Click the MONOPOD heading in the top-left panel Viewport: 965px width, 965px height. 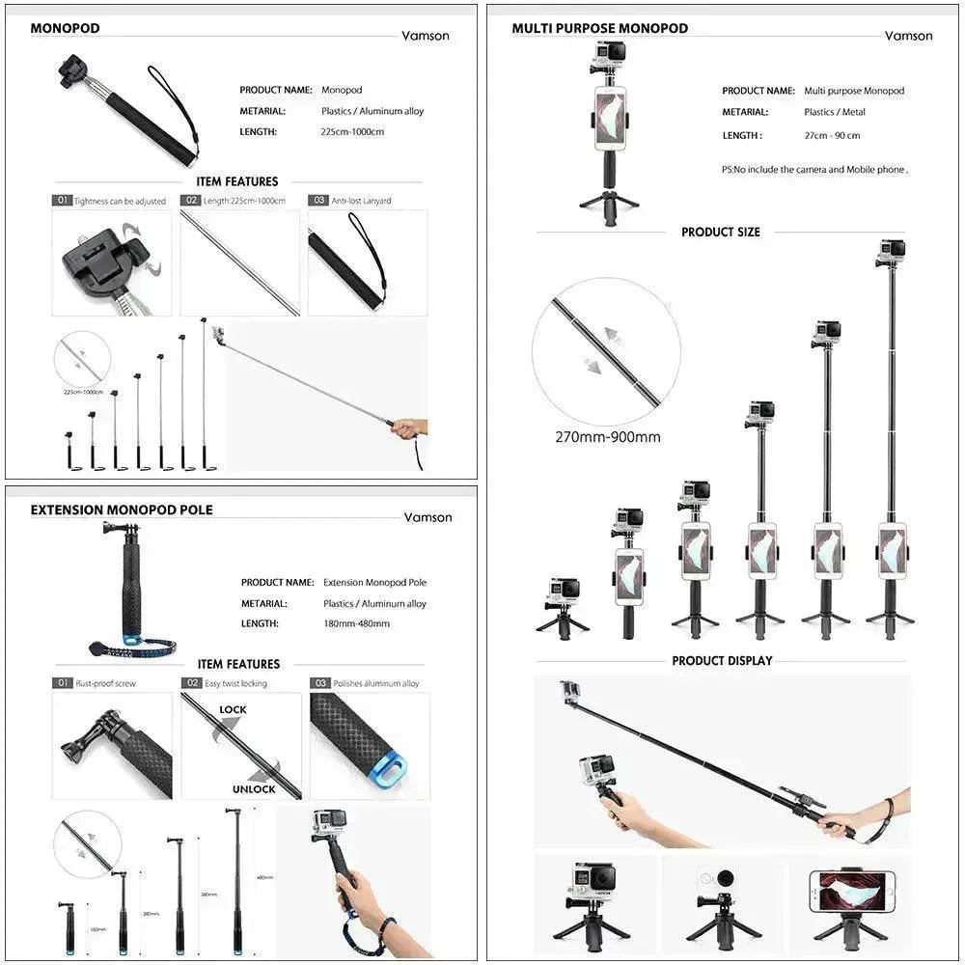point(65,28)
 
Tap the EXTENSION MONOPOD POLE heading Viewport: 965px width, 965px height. point(122,510)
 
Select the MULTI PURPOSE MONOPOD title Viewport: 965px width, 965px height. point(599,28)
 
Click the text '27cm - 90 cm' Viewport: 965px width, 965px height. point(832,136)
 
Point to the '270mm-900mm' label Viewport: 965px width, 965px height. point(607,437)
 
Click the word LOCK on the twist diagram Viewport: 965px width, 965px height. point(233,709)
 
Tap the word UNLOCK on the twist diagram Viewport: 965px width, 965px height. point(254,788)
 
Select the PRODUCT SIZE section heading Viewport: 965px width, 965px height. point(720,233)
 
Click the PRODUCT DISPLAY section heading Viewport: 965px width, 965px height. point(722,661)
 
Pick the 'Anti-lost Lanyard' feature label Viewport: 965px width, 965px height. point(361,201)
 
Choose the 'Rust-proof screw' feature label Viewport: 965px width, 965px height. point(105,683)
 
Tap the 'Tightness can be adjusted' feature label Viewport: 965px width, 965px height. point(120,201)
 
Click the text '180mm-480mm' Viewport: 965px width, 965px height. point(356,623)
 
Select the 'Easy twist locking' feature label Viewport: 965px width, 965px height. point(235,683)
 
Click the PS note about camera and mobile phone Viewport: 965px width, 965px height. point(813,170)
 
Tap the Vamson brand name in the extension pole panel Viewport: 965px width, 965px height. point(427,517)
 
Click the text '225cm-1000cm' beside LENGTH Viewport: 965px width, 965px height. point(352,131)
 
